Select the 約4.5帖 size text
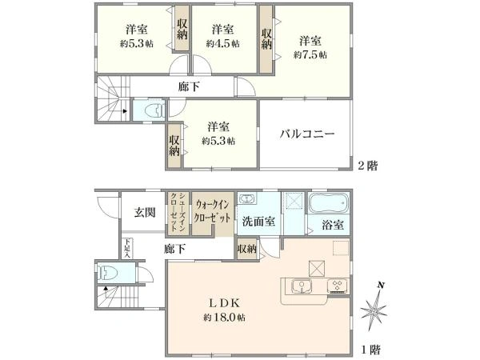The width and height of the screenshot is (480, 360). pos(222,44)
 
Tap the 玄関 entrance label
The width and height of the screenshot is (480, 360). pos(144,212)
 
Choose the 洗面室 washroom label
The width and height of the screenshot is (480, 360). pos(260,222)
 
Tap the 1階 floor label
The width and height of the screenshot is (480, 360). pos(368,350)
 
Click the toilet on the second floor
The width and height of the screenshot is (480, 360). pos(154,110)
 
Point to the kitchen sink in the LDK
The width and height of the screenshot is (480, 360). pos(301,285)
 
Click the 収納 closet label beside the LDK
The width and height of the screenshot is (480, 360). pos(247,250)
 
